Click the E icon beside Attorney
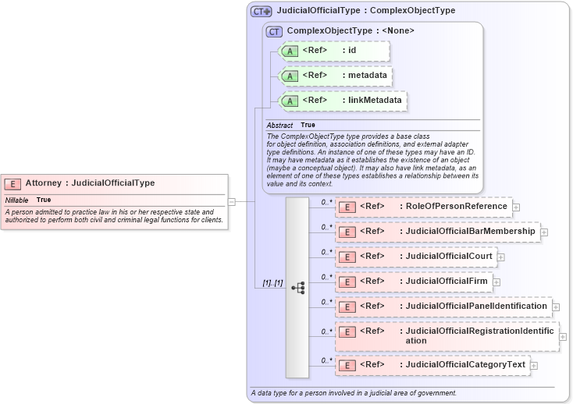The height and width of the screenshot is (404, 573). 12,183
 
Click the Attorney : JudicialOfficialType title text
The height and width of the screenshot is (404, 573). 89,183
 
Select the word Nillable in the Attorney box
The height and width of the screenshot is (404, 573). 17,200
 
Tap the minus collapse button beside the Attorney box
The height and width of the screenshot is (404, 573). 232,201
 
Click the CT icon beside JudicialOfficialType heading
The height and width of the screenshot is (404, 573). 261,12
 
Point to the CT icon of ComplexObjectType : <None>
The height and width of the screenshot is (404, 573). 274,31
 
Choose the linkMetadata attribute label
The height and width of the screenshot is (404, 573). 375,101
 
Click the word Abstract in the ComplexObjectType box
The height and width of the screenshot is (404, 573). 279,126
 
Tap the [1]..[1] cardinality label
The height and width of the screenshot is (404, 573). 272,283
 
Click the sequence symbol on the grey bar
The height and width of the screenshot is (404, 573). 297,287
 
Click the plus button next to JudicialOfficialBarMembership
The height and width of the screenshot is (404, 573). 544,232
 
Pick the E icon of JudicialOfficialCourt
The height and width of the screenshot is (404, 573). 347,257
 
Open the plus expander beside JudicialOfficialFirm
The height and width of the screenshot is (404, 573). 496,282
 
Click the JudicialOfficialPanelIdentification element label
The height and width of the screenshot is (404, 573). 476,307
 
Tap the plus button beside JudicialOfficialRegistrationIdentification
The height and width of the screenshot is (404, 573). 563,337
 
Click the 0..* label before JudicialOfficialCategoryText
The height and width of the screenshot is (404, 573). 326,360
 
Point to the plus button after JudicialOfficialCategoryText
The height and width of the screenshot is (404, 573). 534,365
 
